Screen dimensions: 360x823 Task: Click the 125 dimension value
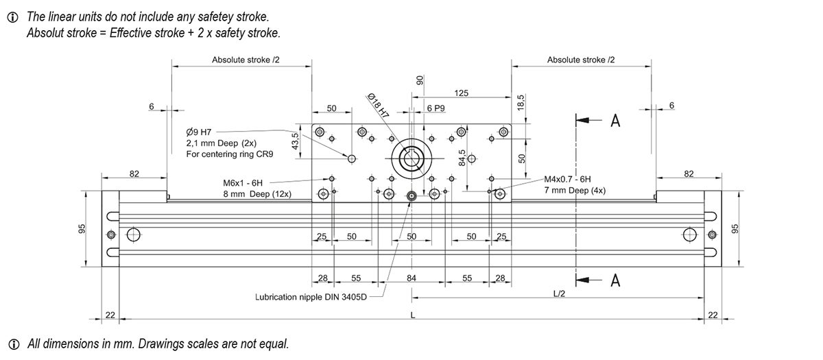[461, 93]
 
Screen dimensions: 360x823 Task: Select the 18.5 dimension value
[521, 103]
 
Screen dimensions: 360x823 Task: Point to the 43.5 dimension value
[296, 141]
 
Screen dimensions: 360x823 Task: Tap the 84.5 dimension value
[462, 158]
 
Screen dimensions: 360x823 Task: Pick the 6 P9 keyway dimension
[436, 108]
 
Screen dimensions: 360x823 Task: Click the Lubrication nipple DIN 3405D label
[311, 298]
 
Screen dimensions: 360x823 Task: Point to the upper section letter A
[615, 121]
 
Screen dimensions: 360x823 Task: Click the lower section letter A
[615, 280]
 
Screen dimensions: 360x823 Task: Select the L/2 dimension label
[559, 293]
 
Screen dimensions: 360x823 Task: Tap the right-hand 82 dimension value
[689, 174]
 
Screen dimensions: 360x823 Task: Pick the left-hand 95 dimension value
[82, 228]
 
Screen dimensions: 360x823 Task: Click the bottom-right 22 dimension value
[713, 315]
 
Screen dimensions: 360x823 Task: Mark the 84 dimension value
[411, 278]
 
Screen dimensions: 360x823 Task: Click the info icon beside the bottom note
[12, 344]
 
